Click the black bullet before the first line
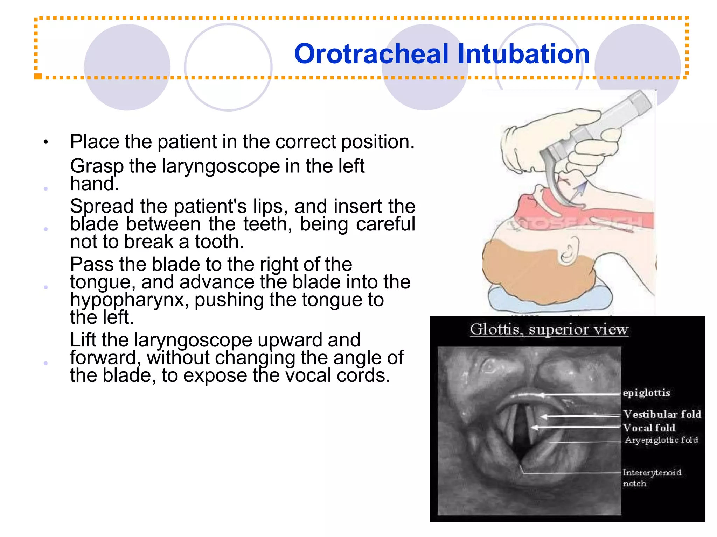tap(46, 142)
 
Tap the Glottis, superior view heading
tap(549, 330)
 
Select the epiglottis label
tap(646, 393)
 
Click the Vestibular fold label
tap(662, 414)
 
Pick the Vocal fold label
tap(649, 428)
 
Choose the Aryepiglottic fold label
tap(661, 440)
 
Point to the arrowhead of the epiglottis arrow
tap(541, 395)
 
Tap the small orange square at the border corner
tap(38, 76)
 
